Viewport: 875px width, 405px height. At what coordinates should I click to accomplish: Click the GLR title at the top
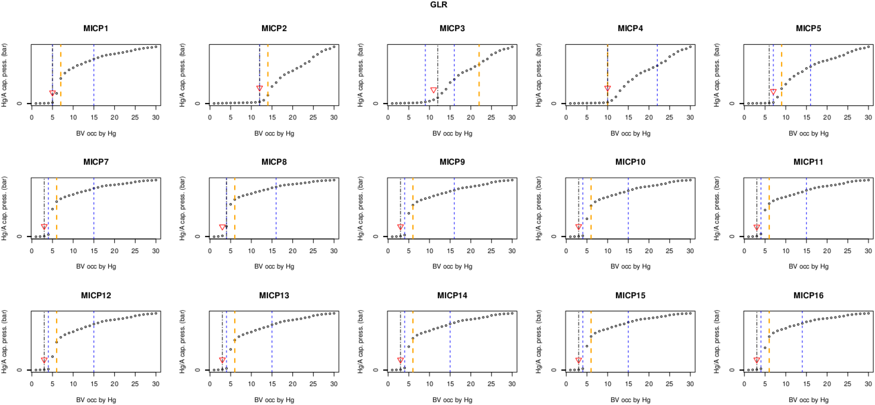(x=439, y=5)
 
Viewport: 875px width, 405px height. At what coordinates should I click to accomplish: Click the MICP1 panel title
(x=96, y=28)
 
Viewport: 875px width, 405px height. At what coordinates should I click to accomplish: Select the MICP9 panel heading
(x=452, y=162)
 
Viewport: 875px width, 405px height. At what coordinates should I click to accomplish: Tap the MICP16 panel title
(x=808, y=295)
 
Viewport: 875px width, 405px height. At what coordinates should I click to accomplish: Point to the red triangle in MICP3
(x=433, y=90)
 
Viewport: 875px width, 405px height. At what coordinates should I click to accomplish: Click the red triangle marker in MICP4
(x=608, y=88)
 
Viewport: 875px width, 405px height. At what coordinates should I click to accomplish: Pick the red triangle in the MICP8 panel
(x=223, y=227)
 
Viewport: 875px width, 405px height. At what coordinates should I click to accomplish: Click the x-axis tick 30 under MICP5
(x=868, y=118)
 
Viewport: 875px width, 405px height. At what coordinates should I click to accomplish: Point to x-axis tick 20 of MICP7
(x=114, y=251)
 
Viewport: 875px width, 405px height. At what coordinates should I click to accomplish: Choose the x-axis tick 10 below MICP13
(x=251, y=384)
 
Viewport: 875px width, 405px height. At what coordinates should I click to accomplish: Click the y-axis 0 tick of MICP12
(x=19, y=370)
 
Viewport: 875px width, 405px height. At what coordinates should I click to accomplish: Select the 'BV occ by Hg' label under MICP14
(x=452, y=400)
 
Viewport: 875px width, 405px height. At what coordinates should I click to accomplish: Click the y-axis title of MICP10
(x=539, y=208)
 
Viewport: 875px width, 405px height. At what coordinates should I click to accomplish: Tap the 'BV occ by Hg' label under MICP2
(x=274, y=133)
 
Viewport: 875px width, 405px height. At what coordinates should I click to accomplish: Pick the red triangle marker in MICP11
(x=756, y=227)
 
